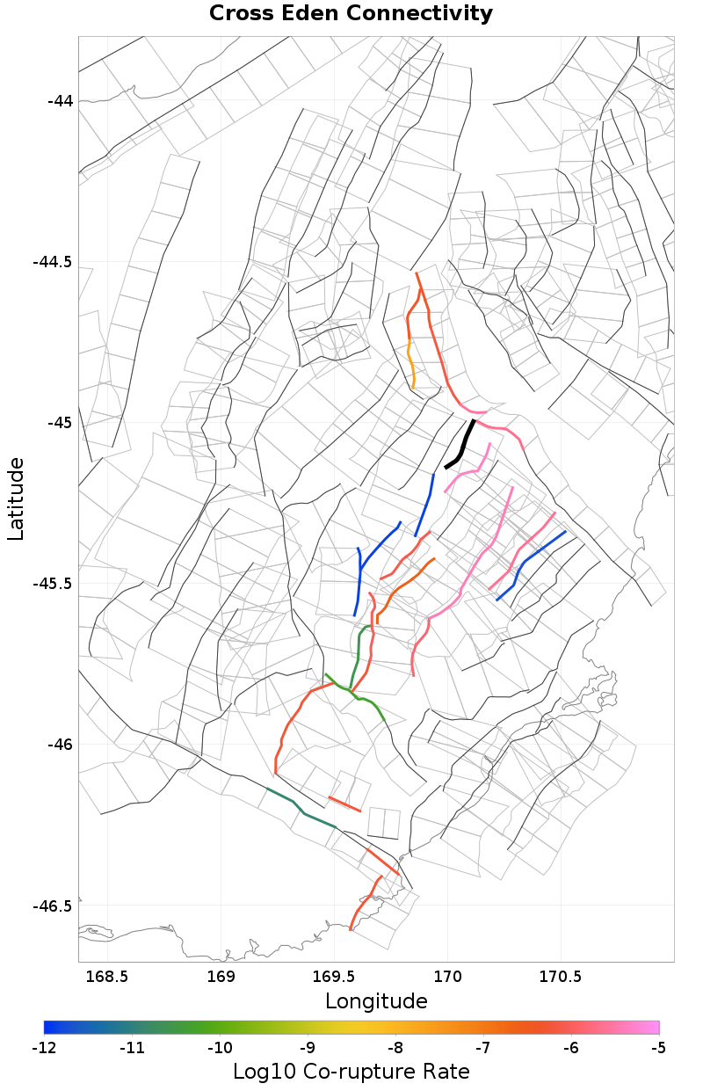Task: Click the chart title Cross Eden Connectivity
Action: click(x=351, y=14)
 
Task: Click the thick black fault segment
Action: click(x=461, y=444)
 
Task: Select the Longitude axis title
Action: click(x=376, y=1001)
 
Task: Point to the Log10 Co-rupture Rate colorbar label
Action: click(x=351, y=1072)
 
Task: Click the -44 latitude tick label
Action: click(x=60, y=101)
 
